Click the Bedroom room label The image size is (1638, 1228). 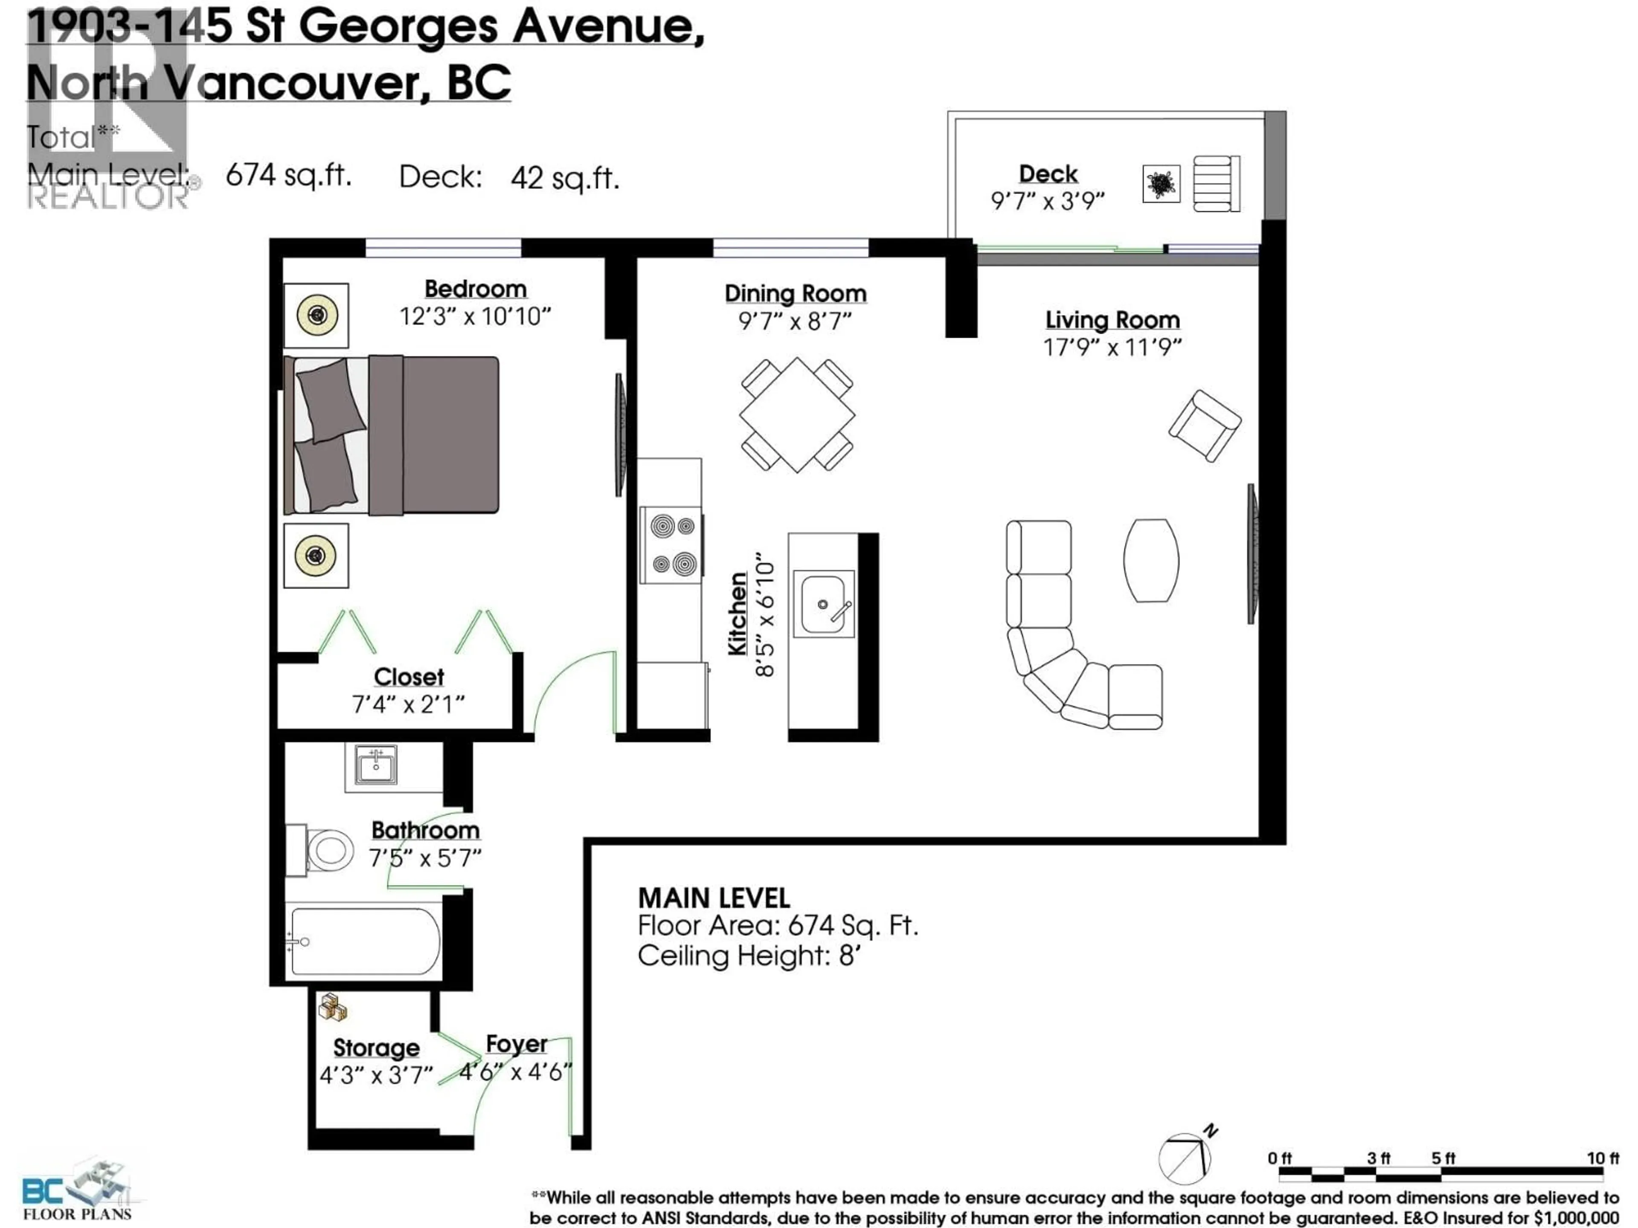(x=476, y=289)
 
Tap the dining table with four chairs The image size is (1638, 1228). (x=797, y=414)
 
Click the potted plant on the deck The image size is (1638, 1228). (x=1161, y=184)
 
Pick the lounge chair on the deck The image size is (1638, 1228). (x=1216, y=184)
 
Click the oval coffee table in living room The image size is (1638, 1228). (x=1151, y=559)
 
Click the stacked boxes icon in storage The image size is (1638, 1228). (x=332, y=1008)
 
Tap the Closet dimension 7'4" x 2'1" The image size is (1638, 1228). (x=408, y=703)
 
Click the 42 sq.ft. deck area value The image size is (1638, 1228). (x=564, y=178)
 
